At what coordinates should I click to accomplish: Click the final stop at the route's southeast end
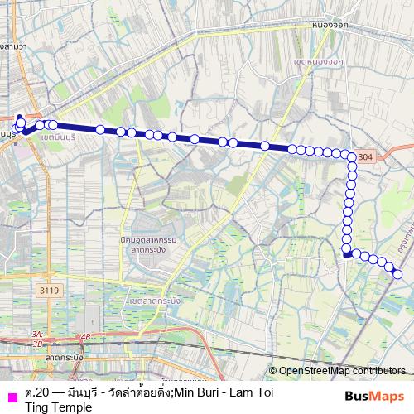point(398,274)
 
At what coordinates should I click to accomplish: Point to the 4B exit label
point(86,336)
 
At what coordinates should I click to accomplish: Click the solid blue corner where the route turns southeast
point(345,255)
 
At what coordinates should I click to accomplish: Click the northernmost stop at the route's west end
point(19,118)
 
